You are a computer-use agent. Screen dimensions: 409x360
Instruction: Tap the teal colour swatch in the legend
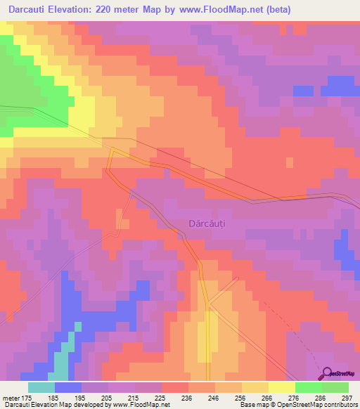click(41, 387)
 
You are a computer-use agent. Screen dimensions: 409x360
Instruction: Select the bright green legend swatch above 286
click(309, 387)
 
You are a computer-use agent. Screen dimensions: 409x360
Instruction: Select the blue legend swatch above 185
click(68, 387)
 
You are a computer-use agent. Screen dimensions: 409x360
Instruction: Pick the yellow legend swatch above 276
click(282, 387)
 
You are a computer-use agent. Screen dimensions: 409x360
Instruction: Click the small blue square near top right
click(303, 91)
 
